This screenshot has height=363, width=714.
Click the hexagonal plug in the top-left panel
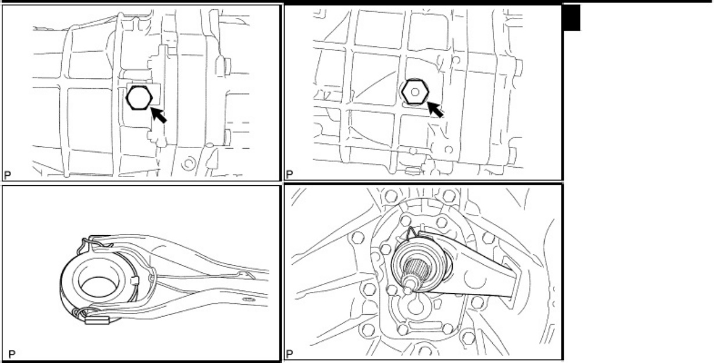point(139,98)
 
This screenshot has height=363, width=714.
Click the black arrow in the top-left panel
point(158,115)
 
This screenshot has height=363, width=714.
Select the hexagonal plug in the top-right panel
point(415,92)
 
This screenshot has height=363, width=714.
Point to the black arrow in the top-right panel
point(435,109)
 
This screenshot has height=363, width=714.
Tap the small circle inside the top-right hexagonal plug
point(415,92)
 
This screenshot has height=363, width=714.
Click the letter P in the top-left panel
point(8,175)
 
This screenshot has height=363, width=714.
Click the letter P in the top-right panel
point(289,174)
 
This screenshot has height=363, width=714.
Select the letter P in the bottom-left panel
point(12,354)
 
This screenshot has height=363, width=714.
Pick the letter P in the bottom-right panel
point(290,354)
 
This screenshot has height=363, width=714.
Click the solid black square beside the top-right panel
point(572,18)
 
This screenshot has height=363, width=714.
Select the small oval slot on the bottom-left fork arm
point(248,299)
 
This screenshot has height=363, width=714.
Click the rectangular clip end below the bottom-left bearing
point(97,320)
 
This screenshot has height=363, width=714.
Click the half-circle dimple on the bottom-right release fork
point(475,280)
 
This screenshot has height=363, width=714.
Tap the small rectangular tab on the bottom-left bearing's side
point(135,281)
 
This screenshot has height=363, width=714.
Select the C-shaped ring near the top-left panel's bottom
point(187,164)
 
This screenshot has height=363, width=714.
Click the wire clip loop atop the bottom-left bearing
point(95,242)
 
